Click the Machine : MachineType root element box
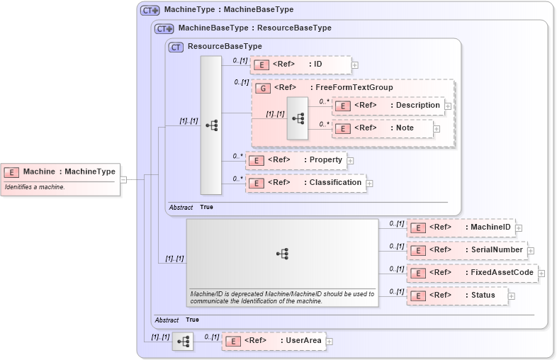pyautogui.click(x=60, y=171)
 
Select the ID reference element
pyautogui.click(x=300, y=64)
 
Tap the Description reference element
pyautogui.click(x=389, y=106)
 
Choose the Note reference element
pyautogui.click(x=383, y=128)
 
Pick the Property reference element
pyautogui.click(x=296, y=160)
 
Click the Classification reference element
pyautogui.click(x=305, y=183)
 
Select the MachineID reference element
pyautogui.click(x=461, y=227)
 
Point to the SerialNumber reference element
pyautogui.click(x=466, y=250)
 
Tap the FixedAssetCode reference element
pyautogui.click(x=472, y=273)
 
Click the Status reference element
pyautogui.click(x=458, y=296)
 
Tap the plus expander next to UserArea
pyautogui.click(x=329, y=342)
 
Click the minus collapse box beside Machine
pyautogui.click(x=123, y=179)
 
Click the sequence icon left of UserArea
pyautogui.click(x=183, y=342)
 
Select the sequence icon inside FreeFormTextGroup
pyautogui.click(x=298, y=118)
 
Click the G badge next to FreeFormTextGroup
pyautogui.click(x=262, y=88)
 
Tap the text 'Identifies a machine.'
pyautogui.click(x=35, y=187)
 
